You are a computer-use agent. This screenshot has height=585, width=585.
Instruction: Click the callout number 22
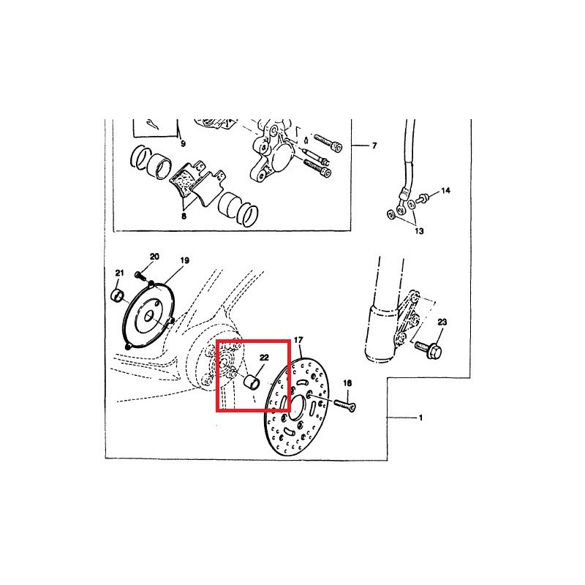coord(264,358)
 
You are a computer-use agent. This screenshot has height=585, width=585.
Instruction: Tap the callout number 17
coord(298,340)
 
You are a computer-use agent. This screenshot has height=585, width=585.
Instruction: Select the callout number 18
coord(347,383)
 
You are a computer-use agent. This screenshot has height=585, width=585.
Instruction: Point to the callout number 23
coord(442,322)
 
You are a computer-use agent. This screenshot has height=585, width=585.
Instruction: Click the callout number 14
coord(446,191)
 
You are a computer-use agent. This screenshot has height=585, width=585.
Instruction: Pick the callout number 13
coord(419,231)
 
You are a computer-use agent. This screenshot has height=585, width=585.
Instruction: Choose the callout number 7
coord(374,146)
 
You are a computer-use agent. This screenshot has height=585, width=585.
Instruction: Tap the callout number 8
coord(184,216)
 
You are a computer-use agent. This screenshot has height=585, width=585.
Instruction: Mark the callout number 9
coord(183,143)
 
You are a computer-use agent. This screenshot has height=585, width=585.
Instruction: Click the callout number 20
coord(154,257)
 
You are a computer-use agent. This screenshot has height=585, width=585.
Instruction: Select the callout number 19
coord(185,260)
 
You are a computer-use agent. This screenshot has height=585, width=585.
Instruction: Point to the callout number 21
coord(119,273)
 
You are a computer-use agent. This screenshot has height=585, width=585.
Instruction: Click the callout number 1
coord(421,418)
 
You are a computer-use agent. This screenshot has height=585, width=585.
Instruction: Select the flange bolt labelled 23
coord(429,349)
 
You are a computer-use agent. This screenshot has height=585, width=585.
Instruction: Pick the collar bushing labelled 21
coord(118,296)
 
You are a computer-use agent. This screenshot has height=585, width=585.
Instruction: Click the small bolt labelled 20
coord(140,276)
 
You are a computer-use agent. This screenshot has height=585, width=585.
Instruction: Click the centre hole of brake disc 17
coord(298,406)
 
